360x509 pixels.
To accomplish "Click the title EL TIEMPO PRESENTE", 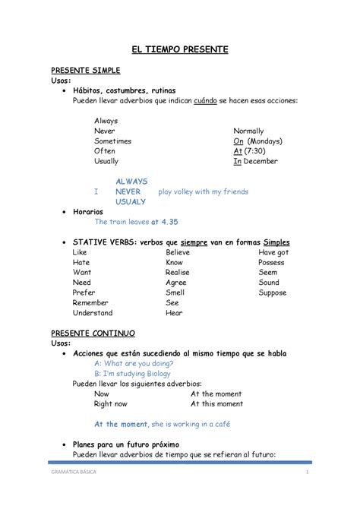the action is tap(180, 49).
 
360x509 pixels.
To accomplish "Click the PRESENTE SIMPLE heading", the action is tap(85, 71).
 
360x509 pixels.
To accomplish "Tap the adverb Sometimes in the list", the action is tap(112, 141).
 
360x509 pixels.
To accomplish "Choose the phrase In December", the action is tap(256, 161).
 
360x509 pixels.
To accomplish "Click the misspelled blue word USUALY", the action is tap(131, 202).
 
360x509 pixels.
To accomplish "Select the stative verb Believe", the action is tap(178, 251).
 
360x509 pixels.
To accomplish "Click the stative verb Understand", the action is tap(93, 312).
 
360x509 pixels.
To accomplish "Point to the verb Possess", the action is tap(271, 261).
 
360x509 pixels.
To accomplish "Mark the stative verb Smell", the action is tap(175, 292).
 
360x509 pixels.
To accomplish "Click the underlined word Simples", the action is tap(274, 242).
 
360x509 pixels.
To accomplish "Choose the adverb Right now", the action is tap(111, 403).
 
